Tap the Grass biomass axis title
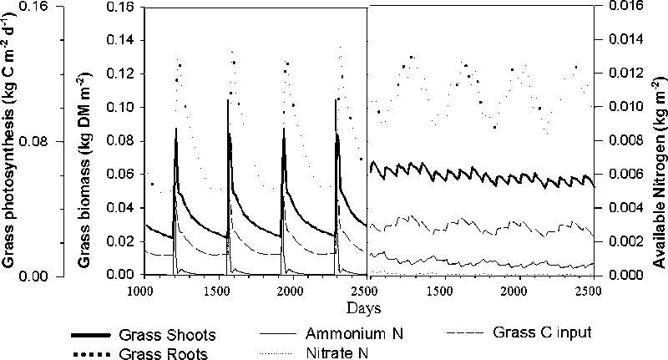pos(86,139)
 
